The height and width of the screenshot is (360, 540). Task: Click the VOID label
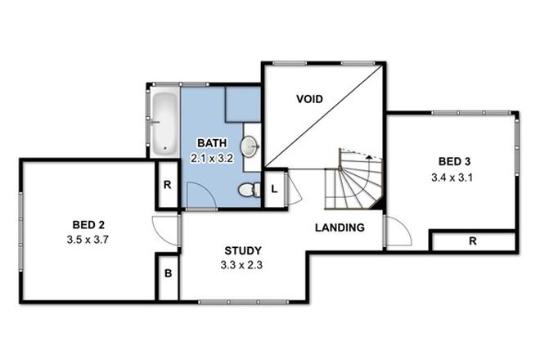tap(308, 99)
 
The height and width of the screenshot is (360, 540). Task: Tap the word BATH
tap(210, 144)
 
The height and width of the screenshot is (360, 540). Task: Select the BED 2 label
tap(88, 224)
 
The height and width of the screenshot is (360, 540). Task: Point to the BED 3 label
tap(454, 160)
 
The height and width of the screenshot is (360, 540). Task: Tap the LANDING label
tap(340, 227)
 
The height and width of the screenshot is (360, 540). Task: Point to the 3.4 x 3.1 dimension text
tap(454, 176)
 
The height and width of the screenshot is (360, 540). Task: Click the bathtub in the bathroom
tap(164, 122)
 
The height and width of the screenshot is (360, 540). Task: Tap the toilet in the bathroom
tap(248, 191)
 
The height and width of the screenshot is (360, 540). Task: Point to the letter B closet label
tap(168, 273)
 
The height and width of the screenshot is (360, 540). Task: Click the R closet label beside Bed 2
tap(167, 185)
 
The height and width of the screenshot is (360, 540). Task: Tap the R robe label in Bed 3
tap(473, 241)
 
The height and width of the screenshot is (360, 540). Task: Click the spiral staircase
tap(353, 182)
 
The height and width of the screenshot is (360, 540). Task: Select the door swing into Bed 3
tap(397, 233)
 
